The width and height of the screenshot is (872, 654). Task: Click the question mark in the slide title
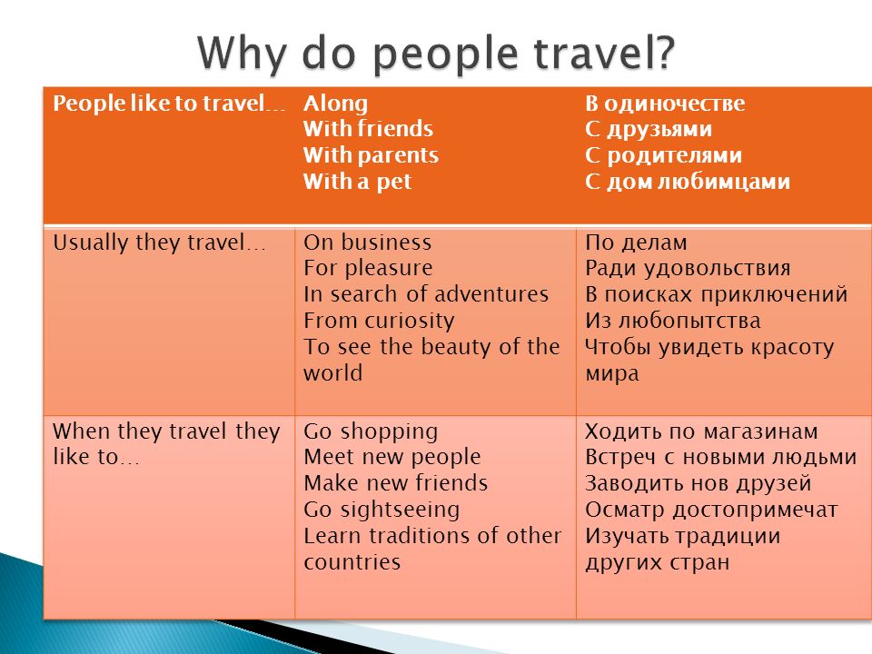coord(663,51)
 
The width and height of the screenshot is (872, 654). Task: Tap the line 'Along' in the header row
coord(335,104)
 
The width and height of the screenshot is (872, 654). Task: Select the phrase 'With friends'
coord(368,128)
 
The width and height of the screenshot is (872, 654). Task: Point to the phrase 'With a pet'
coord(357,182)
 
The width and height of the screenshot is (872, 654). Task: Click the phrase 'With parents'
coord(371,155)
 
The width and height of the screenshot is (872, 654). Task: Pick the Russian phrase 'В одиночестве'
coord(665,104)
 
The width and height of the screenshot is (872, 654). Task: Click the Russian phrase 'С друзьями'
coord(649,130)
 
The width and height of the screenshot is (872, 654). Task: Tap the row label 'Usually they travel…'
coord(159,243)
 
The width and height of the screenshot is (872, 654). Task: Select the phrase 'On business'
coord(367,243)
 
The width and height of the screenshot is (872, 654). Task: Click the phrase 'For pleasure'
coord(368,269)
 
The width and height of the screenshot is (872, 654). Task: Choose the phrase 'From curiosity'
coord(379,321)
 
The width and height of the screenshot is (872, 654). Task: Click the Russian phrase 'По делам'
coord(636,243)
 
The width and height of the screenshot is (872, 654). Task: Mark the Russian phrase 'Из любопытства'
coord(672,321)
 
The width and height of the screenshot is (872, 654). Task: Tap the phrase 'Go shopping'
coord(371,432)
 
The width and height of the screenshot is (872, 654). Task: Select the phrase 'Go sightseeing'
coord(381,510)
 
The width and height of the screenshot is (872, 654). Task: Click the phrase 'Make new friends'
coord(395,483)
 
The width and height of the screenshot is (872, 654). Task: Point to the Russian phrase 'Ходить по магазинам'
coord(701,432)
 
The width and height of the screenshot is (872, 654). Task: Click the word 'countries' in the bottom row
coord(352,562)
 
